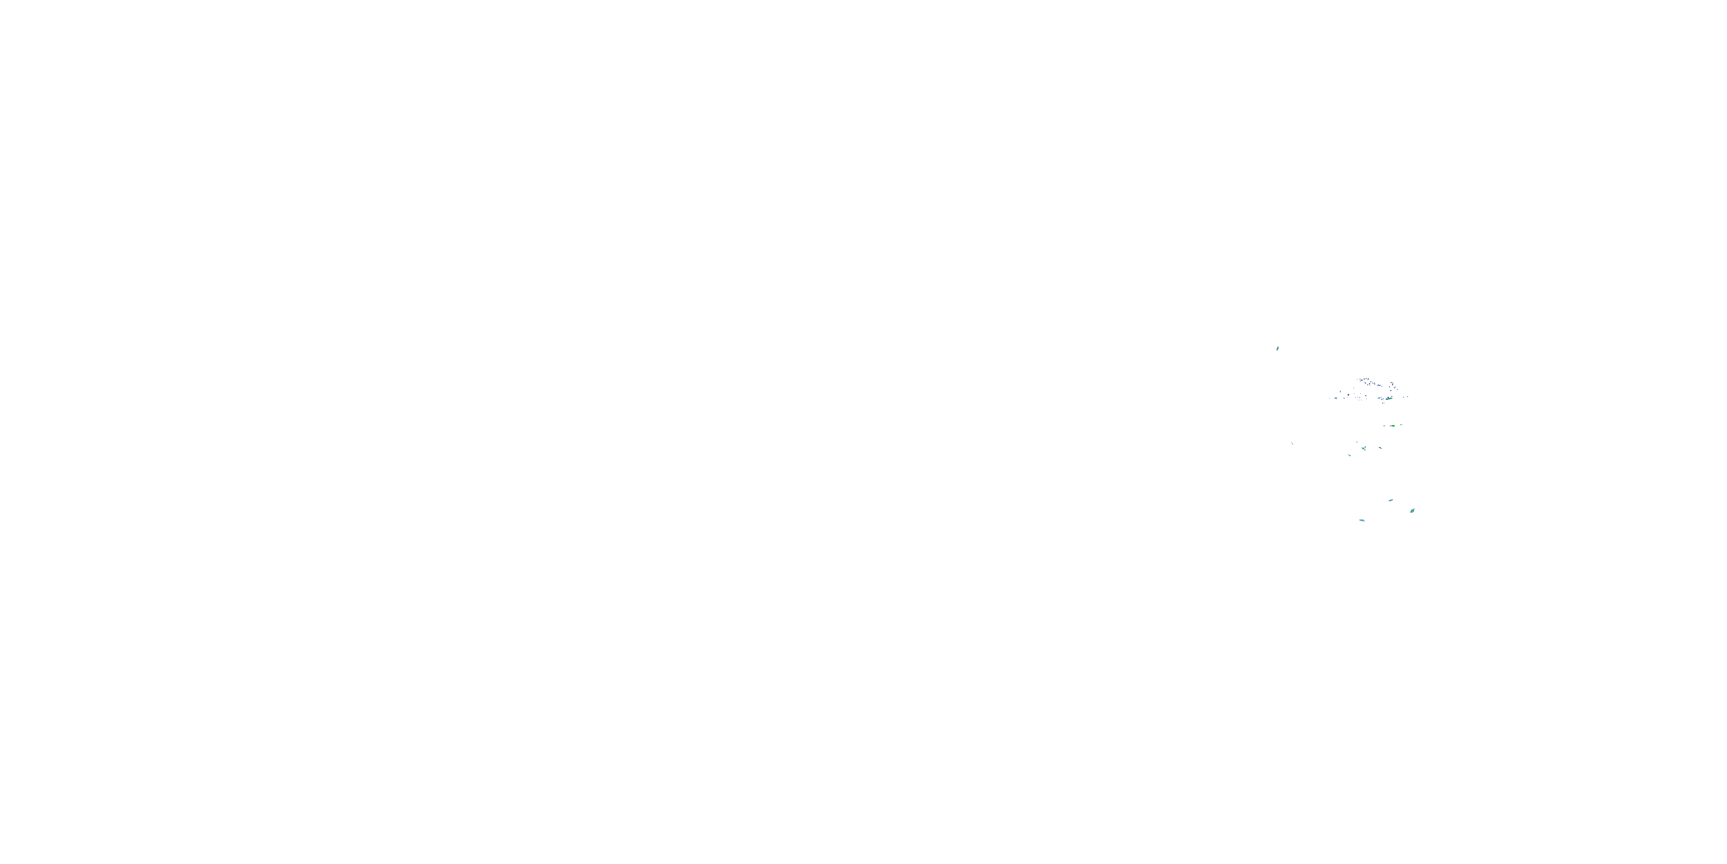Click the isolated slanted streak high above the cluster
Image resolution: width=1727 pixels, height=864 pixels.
[1277, 348]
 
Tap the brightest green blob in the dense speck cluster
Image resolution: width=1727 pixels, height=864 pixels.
[1390, 399]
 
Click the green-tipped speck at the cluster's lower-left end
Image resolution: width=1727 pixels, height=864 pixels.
[1336, 399]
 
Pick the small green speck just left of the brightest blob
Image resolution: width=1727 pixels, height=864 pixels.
[1380, 398]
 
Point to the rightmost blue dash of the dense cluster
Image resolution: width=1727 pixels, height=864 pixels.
[1408, 396]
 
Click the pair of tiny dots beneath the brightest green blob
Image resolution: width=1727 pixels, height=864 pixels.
[1383, 403]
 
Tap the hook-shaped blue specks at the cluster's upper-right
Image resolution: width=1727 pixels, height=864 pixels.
[1392, 384]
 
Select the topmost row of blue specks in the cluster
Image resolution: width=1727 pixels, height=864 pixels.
[1365, 380]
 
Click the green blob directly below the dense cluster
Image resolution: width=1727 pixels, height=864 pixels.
[1393, 426]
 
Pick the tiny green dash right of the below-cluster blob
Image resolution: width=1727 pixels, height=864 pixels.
[1401, 425]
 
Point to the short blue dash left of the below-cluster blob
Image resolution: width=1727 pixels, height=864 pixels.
[1384, 426]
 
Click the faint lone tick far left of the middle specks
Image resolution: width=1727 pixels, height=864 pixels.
[1292, 444]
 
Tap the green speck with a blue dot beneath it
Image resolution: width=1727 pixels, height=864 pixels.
[1364, 448]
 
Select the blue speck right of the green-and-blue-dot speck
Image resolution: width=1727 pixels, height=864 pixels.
[1380, 448]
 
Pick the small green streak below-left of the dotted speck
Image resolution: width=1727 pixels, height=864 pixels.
[1349, 456]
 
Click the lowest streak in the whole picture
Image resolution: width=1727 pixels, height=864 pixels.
[1361, 520]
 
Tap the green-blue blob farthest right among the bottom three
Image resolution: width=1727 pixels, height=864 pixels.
[1412, 510]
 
